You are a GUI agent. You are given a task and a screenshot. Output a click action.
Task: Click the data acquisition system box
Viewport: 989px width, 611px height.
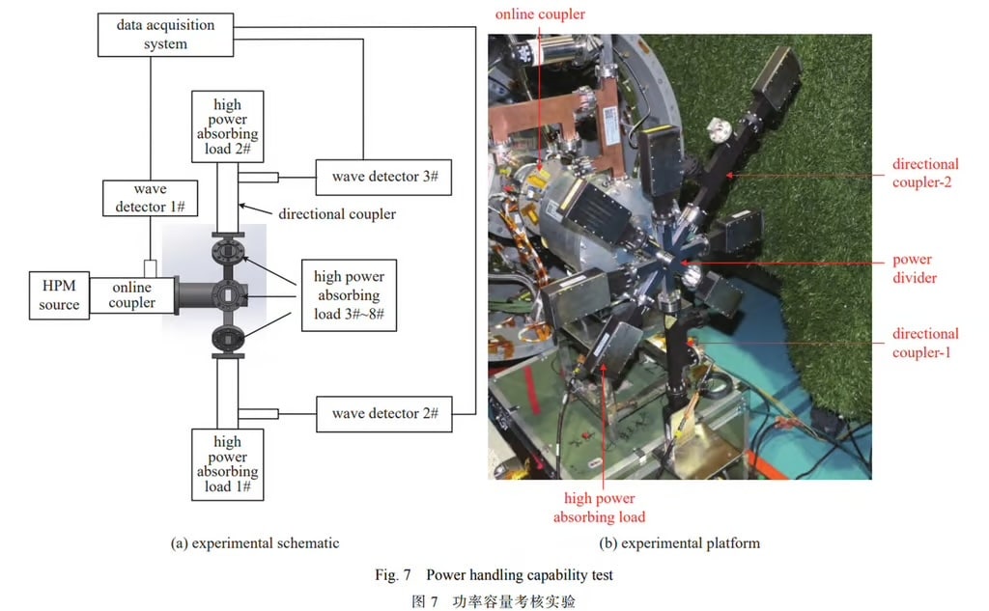pos(165,35)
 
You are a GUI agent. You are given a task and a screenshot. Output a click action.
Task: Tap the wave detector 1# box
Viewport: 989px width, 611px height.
pos(150,199)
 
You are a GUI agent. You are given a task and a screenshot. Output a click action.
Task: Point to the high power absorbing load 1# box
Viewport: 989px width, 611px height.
pos(228,464)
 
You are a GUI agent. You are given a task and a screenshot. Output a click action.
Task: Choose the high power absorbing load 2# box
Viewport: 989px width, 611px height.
pos(228,126)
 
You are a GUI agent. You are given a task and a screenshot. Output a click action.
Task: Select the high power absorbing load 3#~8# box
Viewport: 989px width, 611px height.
pos(348,294)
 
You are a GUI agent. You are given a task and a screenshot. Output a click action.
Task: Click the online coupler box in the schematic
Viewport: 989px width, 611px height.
pos(132,295)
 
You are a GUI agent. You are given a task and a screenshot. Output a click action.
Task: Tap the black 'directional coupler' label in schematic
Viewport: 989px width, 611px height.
pos(337,213)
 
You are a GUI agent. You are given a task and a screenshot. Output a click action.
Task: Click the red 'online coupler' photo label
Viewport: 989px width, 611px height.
pos(541,14)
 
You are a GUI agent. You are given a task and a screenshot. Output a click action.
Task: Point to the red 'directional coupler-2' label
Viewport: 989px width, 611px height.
pos(925,173)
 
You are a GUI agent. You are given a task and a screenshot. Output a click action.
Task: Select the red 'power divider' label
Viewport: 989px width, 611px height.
pos(912,268)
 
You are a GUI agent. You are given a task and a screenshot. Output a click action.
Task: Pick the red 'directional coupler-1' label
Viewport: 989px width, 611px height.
pos(925,343)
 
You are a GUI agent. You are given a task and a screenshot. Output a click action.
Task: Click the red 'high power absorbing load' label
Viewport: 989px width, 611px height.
pos(600,508)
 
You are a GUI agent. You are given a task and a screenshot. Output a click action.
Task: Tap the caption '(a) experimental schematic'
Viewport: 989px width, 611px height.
pos(255,543)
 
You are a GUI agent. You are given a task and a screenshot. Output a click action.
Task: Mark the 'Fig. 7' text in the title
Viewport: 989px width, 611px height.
pos(393,575)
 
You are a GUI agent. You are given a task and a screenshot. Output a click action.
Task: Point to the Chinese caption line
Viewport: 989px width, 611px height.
pos(494,600)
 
